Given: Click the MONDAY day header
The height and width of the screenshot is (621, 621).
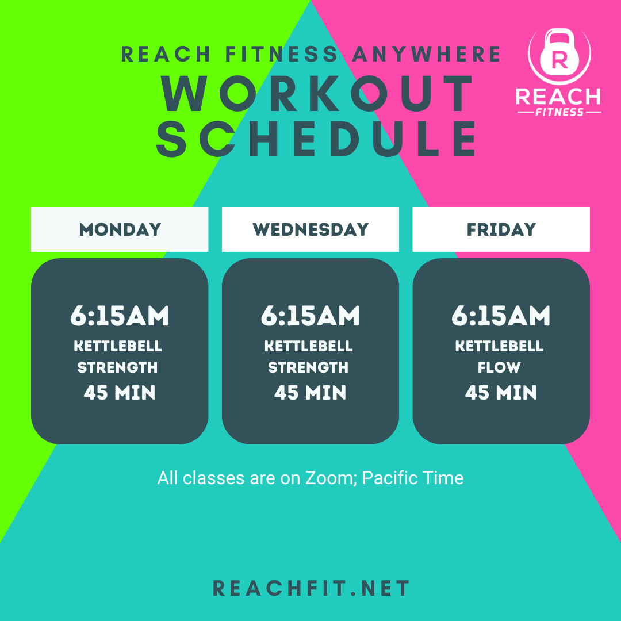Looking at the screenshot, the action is click(x=120, y=229).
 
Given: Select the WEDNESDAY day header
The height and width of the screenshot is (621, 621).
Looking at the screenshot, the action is click(x=310, y=229).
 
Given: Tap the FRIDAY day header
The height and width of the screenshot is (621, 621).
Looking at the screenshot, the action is click(x=501, y=229).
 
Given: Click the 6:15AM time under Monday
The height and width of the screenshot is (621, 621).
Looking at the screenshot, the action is click(x=120, y=316).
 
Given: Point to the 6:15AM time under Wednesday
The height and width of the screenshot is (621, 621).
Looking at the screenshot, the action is click(x=310, y=316).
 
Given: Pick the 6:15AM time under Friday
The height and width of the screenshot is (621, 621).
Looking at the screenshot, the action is click(x=501, y=316).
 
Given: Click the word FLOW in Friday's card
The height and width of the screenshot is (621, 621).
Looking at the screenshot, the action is click(x=499, y=367).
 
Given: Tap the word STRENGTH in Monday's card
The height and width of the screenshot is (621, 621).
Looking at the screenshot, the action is click(x=118, y=367).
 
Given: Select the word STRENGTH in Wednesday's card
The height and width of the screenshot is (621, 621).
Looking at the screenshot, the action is click(x=309, y=367).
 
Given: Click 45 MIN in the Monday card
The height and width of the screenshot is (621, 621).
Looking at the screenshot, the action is click(x=120, y=393).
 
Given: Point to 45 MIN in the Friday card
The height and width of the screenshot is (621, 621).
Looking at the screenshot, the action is click(x=501, y=393).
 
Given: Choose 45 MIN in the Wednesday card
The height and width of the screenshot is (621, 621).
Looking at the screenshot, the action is click(x=310, y=393).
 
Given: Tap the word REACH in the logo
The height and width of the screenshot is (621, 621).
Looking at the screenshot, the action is click(x=558, y=97).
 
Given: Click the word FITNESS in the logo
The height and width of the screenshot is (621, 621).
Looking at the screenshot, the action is click(x=559, y=112).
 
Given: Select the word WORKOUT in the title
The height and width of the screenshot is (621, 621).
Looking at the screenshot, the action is click(x=317, y=94).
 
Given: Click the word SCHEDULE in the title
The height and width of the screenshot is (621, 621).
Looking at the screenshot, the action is click(x=317, y=139).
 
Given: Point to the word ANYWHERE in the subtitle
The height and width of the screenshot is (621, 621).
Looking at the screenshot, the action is click(x=427, y=54).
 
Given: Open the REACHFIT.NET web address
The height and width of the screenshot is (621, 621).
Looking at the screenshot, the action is click(x=311, y=588).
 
